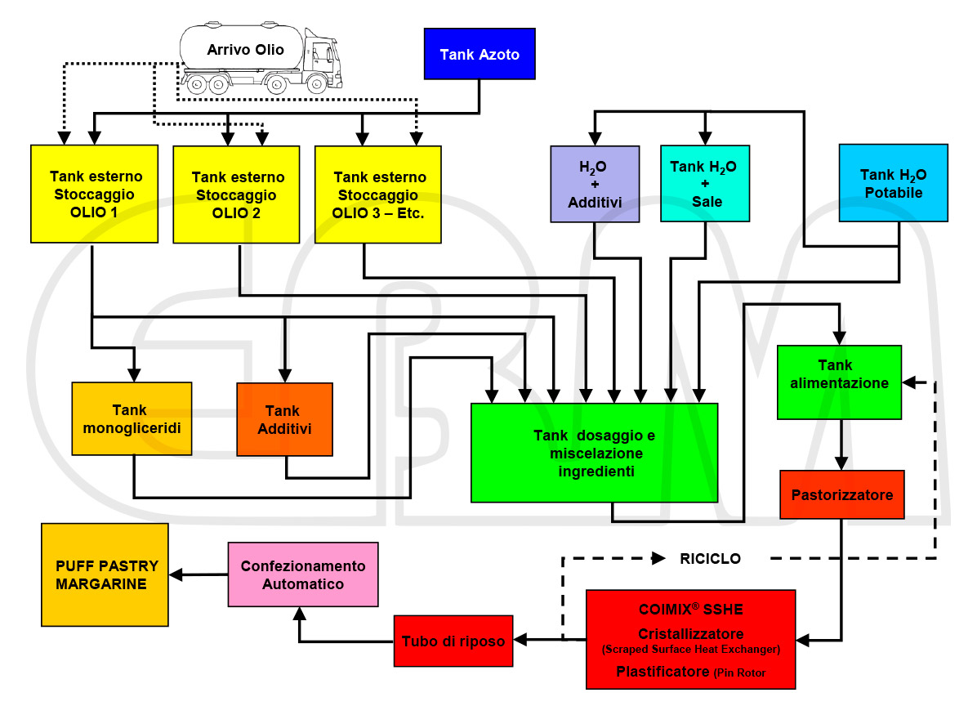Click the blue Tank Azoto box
click(x=480, y=54)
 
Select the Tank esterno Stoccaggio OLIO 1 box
click(x=94, y=194)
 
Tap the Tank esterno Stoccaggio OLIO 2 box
click(x=236, y=194)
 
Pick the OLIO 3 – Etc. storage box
click(x=378, y=194)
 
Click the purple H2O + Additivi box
click(x=595, y=184)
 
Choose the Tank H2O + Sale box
click(x=705, y=183)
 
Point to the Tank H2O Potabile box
click(x=894, y=183)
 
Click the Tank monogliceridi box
click(x=132, y=418)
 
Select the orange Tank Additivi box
click(x=284, y=419)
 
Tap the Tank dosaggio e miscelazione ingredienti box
click(x=595, y=453)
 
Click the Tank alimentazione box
click(x=839, y=382)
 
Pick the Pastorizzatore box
click(x=841, y=494)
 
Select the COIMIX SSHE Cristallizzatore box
click(x=691, y=639)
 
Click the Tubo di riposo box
click(x=453, y=641)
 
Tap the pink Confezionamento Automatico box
click(x=303, y=574)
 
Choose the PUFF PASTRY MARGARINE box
click(x=105, y=574)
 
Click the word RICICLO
click(x=711, y=559)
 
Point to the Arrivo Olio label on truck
click(x=246, y=49)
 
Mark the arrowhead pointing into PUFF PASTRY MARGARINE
click(x=176, y=574)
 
